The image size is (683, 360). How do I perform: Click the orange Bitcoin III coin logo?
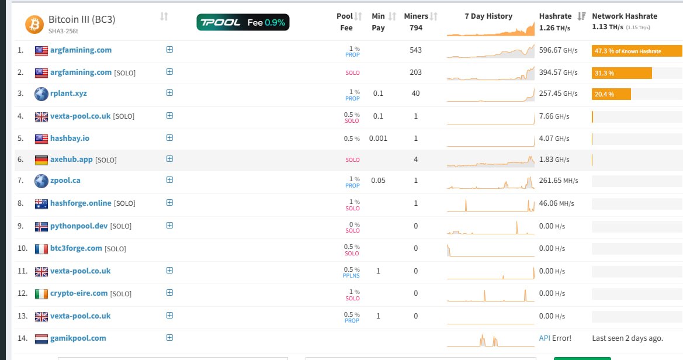click(x=34, y=25)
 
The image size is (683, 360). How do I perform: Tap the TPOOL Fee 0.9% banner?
click(x=243, y=22)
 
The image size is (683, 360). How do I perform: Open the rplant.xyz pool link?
click(x=68, y=94)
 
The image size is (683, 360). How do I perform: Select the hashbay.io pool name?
click(x=70, y=138)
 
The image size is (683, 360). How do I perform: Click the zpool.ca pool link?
click(x=65, y=181)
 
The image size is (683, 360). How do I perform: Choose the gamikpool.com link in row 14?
click(x=78, y=338)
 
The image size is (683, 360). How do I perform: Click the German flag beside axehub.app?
click(x=41, y=160)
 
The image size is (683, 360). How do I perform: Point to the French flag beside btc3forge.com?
click(x=41, y=249)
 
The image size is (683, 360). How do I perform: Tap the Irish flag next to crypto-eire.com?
click(x=41, y=294)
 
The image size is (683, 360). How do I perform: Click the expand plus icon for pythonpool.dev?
click(x=170, y=226)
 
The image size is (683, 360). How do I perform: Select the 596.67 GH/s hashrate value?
click(x=559, y=50)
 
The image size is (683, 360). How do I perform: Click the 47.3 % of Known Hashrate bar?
click(x=637, y=51)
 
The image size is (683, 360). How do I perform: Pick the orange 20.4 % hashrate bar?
click(x=611, y=94)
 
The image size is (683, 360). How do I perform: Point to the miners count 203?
click(x=415, y=72)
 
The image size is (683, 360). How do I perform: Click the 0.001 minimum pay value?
click(x=378, y=138)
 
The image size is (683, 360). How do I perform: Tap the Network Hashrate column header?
click(x=625, y=16)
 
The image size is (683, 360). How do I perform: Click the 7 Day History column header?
click(x=488, y=16)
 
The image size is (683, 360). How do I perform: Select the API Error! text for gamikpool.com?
click(x=555, y=338)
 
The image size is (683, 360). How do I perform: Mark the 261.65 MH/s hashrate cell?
click(x=559, y=181)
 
